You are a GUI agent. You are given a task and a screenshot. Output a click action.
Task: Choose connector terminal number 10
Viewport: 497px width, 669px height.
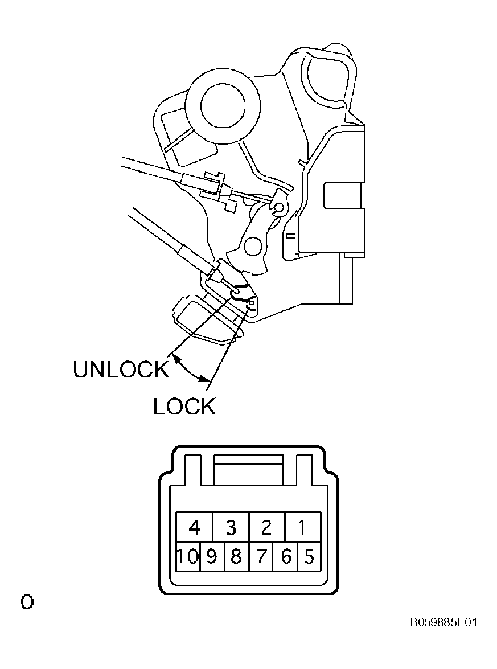click(188, 557)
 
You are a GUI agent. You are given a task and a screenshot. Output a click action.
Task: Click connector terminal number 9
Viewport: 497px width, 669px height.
click(212, 557)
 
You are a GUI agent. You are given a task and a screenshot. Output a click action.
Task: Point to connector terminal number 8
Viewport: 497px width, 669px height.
click(236, 557)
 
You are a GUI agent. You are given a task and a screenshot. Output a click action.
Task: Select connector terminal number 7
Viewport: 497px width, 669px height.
click(261, 557)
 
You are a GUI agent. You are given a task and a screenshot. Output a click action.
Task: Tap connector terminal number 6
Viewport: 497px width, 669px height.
click(286, 557)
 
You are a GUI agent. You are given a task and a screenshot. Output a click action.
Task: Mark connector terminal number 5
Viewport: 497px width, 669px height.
click(309, 557)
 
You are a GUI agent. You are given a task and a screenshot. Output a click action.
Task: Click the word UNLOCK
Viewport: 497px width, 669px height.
click(121, 370)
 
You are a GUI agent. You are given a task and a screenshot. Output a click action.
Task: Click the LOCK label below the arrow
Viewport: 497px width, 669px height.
click(184, 407)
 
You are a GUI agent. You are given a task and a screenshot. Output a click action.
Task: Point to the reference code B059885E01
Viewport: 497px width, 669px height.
click(443, 622)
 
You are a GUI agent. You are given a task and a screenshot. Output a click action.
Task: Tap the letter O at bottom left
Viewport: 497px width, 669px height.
click(27, 602)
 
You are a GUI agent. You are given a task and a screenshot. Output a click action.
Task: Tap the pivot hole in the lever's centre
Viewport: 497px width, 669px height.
click(252, 246)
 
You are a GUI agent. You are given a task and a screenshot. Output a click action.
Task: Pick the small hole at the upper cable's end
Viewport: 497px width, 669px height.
click(278, 208)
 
